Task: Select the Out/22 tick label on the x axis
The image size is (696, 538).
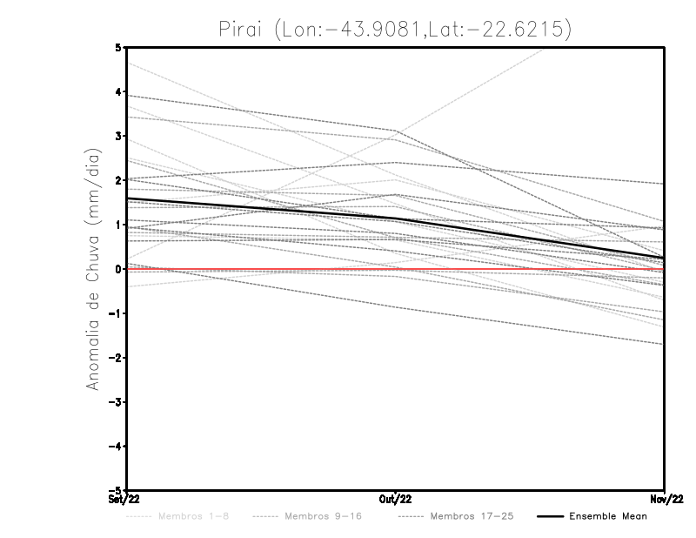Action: click(396, 500)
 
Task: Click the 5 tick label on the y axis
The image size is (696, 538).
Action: click(118, 47)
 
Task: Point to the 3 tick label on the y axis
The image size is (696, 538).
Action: click(118, 136)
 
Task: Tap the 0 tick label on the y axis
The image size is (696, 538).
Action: click(118, 269)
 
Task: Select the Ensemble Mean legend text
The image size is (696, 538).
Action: click(608, 516)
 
